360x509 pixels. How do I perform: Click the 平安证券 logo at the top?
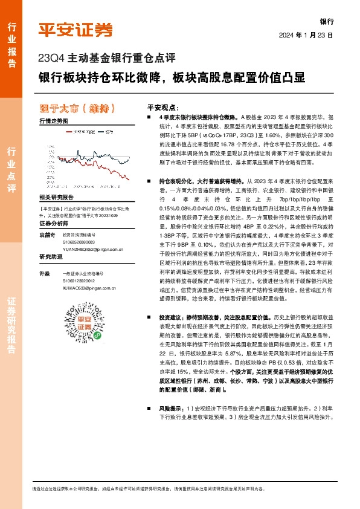pos(76,30)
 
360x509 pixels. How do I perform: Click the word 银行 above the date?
pos(327,21)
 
